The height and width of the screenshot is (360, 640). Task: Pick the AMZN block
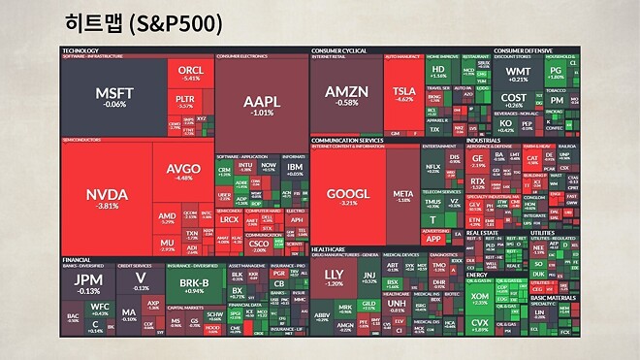(346, 93)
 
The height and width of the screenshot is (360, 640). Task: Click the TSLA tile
(403, 93)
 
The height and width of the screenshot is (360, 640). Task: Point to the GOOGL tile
(347, 196)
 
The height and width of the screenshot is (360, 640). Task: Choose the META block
(402, 196)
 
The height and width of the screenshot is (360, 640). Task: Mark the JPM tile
(88, 284)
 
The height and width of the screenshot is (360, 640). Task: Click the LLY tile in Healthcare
(334, 281)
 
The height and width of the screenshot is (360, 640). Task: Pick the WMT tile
(518, 74)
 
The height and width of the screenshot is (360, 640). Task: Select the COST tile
(514, 100)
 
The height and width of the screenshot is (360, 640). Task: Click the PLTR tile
(184, 101)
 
